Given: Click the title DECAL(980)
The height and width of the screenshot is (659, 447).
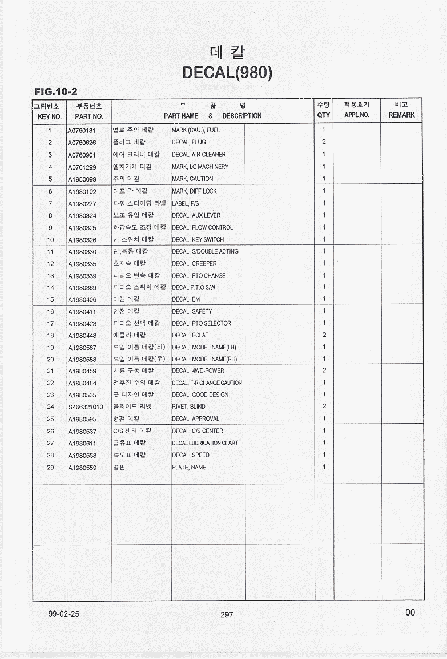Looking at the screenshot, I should [227, 73].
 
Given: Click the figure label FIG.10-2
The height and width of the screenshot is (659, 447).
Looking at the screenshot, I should [55, 91].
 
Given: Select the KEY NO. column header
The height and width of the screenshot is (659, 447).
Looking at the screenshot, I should [49, 116].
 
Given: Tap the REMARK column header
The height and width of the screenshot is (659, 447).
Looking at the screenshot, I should [401, 115].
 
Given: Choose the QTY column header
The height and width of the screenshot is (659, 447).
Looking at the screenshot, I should [324, 115].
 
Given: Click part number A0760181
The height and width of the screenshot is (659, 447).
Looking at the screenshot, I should [82, 130].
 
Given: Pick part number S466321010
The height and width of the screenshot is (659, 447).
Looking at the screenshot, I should [85, 407].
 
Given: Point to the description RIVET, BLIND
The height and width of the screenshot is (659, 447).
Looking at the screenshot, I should [188, 407].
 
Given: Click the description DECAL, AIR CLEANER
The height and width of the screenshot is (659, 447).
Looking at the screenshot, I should [199, 155].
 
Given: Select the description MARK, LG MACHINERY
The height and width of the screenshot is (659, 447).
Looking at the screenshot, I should [200, 167].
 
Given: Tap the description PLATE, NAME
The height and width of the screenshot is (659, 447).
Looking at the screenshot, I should [189, 468].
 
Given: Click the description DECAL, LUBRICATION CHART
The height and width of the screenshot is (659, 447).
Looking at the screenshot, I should [205, 443].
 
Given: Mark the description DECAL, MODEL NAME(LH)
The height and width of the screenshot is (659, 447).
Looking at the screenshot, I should [204, 347].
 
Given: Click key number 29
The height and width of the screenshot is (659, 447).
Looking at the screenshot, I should [50, 468].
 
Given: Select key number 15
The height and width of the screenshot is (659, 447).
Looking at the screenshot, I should [50, 299].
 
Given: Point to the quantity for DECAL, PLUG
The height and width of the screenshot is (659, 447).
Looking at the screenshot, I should [324, 142].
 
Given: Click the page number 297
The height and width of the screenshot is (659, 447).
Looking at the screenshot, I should [227, 614].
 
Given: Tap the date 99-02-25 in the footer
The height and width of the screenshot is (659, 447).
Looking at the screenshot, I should [64, 614].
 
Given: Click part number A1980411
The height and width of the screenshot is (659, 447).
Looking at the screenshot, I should [82, 312].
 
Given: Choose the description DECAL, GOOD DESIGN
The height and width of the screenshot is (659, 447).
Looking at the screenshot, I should [200, 395].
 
